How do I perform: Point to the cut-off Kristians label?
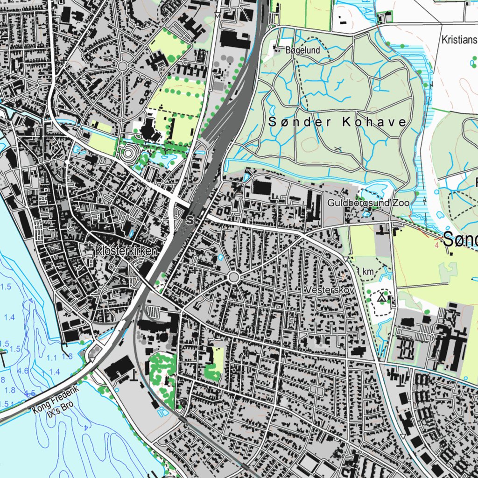click(x=459, y=40)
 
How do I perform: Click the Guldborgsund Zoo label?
click(x=368, y=203)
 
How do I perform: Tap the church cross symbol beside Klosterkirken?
click(x=89, y=250)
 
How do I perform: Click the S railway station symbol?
click(x=190, y=219)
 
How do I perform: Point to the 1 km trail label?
click(x=365, y=272)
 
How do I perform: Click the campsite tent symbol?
click(x=381, y=296)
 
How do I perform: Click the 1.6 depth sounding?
click(x=66, y=357)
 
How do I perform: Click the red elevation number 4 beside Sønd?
click(x=436, y=244)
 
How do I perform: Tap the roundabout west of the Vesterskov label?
click(x=234, y=277)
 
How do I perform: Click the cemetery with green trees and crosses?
click(x=161, y=371)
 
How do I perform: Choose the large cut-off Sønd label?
click(x=460, y=240)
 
